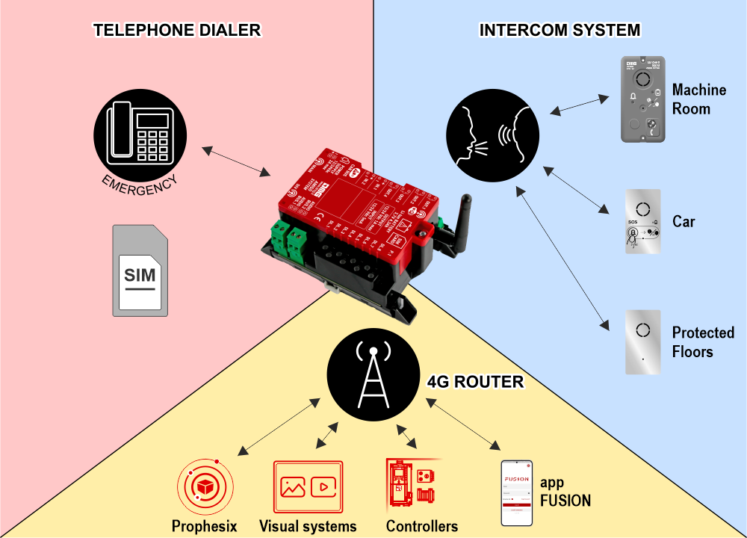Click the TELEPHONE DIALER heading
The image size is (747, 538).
pyautogui.click(x=177, y=31)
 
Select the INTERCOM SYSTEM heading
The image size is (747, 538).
pyautogui.click(x=560, y=31)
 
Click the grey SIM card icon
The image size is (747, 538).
pyautogui.click(x=140, y=269)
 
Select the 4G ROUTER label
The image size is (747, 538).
pyautogui.click(x=474, y=383)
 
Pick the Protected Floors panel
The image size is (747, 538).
pyautogui.click(x=643, y=342)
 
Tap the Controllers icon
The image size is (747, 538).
pyautogui.click(x=412, y=486)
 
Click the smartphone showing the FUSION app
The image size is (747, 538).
pyautogui.click(x=516, y=492)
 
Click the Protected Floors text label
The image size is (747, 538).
pyautogui.click(x=703, y=342)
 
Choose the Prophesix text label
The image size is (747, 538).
pyautogui.click(x=205, y=526)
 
